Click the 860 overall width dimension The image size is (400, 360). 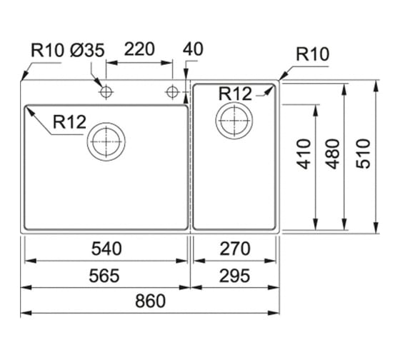tap(150, 301)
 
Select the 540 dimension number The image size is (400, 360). tap(106, 249)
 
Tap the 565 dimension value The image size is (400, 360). tap(104, 276)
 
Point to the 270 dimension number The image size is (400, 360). tap(235, 249)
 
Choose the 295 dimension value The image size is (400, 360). tap(234, 276)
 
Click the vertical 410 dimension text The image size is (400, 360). tap(304, 154)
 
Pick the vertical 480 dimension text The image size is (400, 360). tap(333, 154)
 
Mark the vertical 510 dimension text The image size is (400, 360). tap(363, 154)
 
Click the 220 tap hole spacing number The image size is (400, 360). tap(139, 49)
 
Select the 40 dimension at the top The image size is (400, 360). tap(193, 49)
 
